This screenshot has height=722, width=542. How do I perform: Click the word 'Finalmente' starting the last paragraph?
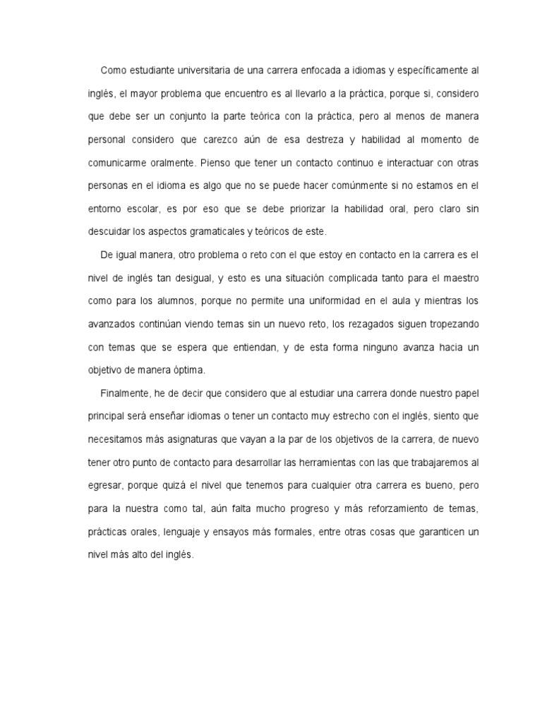[x=123, y=392]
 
